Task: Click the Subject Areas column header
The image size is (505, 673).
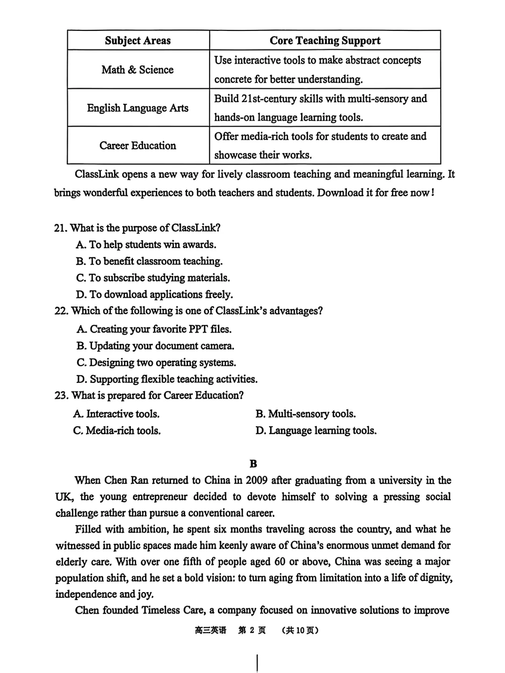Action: pos(138,41)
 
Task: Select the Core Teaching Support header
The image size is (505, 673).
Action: pos(325,41)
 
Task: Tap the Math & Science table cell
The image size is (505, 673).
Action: pos(137,70)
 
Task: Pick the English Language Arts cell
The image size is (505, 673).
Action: pos(137,108)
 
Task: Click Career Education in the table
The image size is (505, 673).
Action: pos(137,146)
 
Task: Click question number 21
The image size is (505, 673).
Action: pos(60,228)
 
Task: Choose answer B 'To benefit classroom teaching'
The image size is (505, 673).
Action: pos(149,261)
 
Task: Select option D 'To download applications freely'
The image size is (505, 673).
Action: pos(154,294)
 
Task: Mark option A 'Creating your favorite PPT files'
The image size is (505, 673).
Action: pos(154,329)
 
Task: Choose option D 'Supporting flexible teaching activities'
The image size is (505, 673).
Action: pos(167,379)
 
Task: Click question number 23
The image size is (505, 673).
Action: pos(61,395)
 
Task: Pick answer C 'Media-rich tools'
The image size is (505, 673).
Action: pos(117,430)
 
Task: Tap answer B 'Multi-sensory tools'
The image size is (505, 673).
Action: pos(305,414)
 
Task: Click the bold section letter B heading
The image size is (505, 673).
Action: pos(253,464)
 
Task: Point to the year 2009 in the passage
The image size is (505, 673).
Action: pos(256,480)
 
